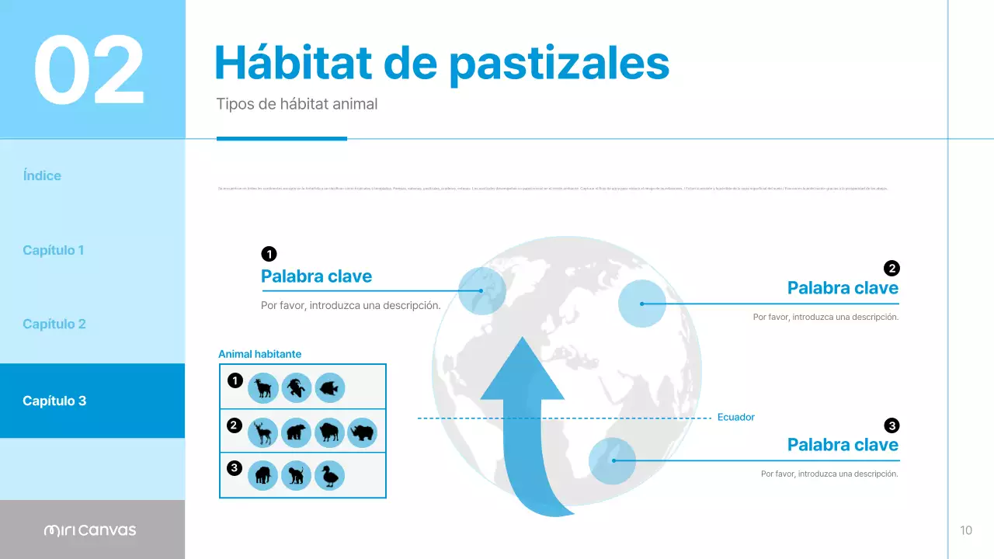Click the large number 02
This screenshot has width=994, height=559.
[89, 70]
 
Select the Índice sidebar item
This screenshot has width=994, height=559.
[42, 175]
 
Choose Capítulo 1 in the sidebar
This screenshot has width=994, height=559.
[54, 250]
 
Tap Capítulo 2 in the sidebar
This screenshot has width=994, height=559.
[54, 324]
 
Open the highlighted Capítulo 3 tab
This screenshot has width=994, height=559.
[54, 401]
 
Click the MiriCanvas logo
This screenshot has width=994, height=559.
[90, 530]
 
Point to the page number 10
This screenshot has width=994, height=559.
[966, 530]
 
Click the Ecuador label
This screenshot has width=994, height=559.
[735, 417]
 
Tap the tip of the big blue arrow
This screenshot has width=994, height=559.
[522, 342]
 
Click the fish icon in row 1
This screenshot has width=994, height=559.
[329, 387]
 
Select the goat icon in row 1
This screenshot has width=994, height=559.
[263, 387]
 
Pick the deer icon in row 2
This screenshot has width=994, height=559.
[263, 432]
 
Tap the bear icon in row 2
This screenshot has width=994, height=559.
[296, 432]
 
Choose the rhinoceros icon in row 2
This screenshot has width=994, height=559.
[362, 432]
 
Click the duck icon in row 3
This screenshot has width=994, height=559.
[329, 475]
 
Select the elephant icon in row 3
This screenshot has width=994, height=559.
[263, 475]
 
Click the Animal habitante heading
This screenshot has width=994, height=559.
[259, 354]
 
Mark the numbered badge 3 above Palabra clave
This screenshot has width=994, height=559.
[891, 425]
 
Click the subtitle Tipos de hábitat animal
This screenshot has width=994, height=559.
[297, 103]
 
